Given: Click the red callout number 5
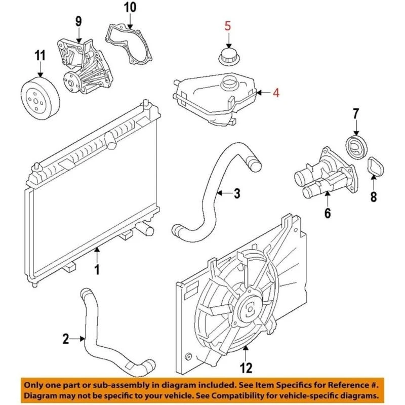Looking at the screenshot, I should click(x=228, y=25).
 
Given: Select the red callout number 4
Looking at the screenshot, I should click(x=276, y=93).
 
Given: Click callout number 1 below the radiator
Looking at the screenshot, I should click(x=98, y=270).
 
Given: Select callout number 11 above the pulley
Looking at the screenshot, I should click(x=40, y=55).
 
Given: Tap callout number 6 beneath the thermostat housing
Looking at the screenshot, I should click(x=328, y=213).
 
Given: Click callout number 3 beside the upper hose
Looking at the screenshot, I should click(x=237, y=193).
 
